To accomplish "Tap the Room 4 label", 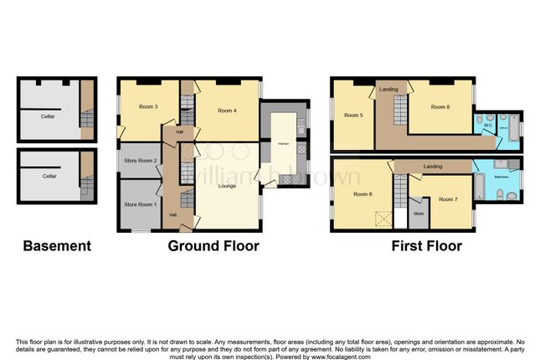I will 227,111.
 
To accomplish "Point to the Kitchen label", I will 284,144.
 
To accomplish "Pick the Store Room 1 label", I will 141,204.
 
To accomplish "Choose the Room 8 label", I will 440,107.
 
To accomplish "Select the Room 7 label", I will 450,198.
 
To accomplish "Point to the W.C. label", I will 487,126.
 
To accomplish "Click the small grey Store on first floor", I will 419,213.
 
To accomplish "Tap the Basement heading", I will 56,246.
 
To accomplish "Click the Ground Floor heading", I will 213,246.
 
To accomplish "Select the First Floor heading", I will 427,246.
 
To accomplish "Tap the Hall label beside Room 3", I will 179,131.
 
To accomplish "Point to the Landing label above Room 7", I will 433,167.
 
